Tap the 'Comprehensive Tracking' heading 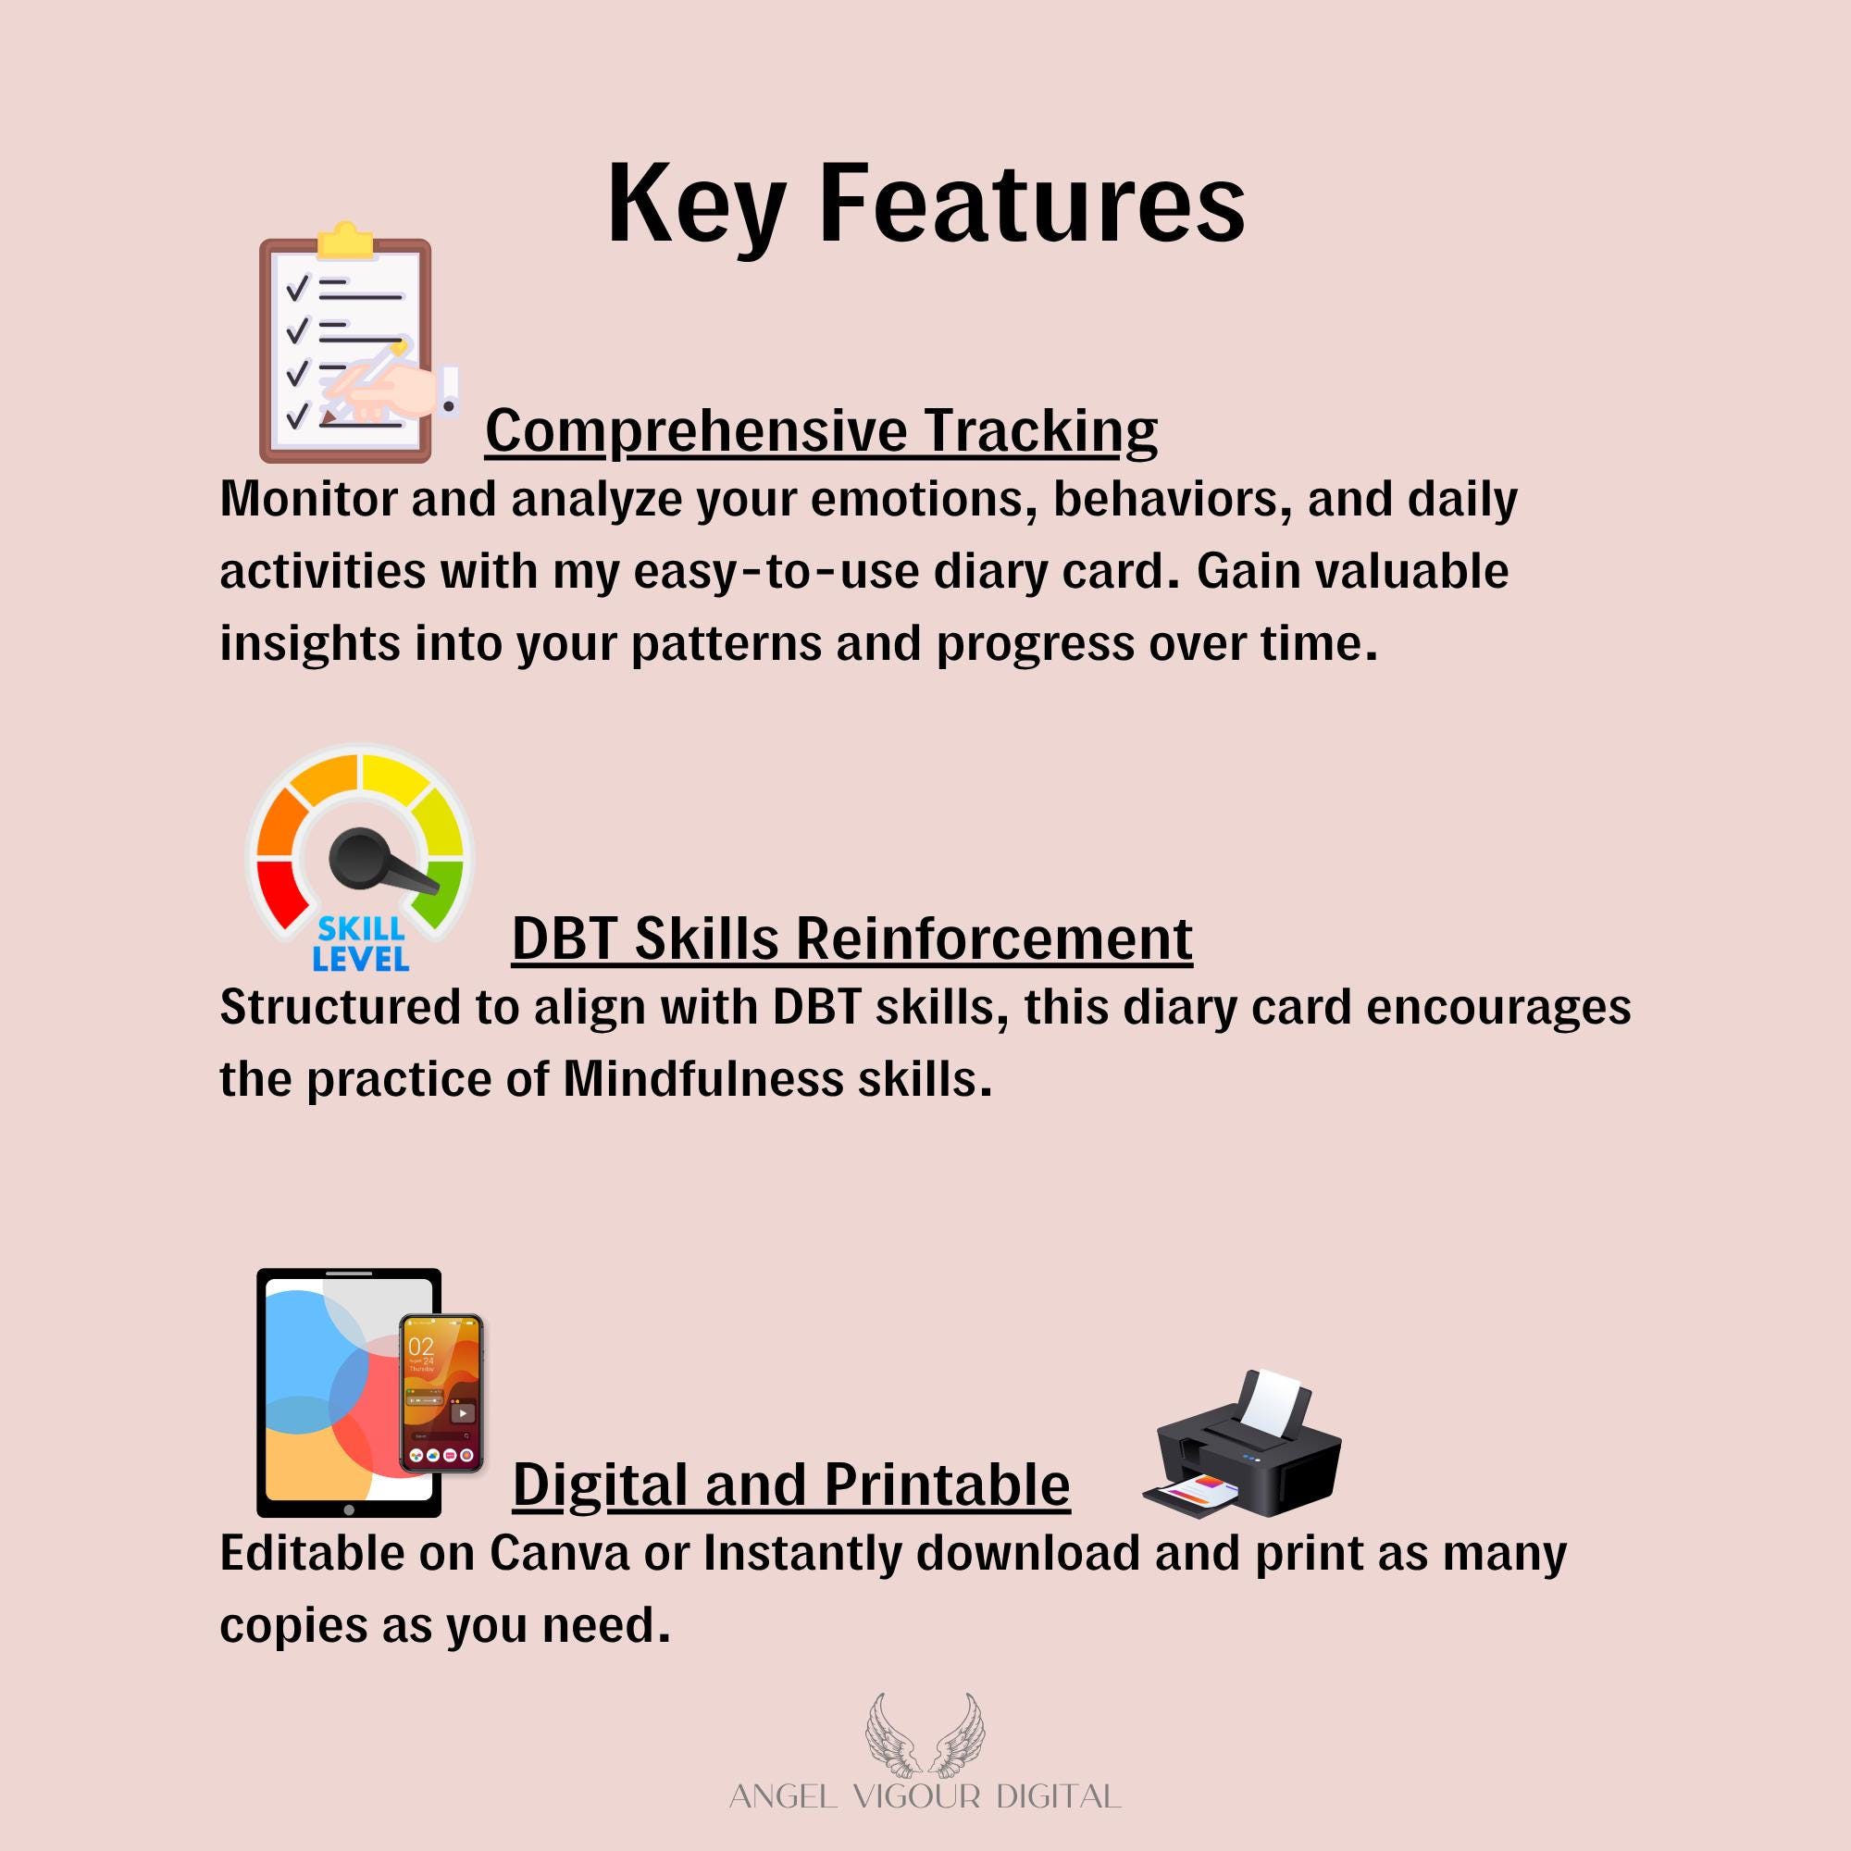pyautogui.click(x=821, y=430)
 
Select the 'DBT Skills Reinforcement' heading pyautogui.click(x=851, y=938)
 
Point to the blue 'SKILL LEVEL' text pyautogui.click(x=360, y=944)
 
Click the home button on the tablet pyautogui.click(x=349, y=1509)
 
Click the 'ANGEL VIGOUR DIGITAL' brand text pyautogui.click(x=925, y=1796)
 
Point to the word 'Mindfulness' pyautogui.click(x=703, y=1080)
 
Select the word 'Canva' pyautogui.click(x=560, y=1553)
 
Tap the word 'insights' pyautogui.click(x=309, y=643)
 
